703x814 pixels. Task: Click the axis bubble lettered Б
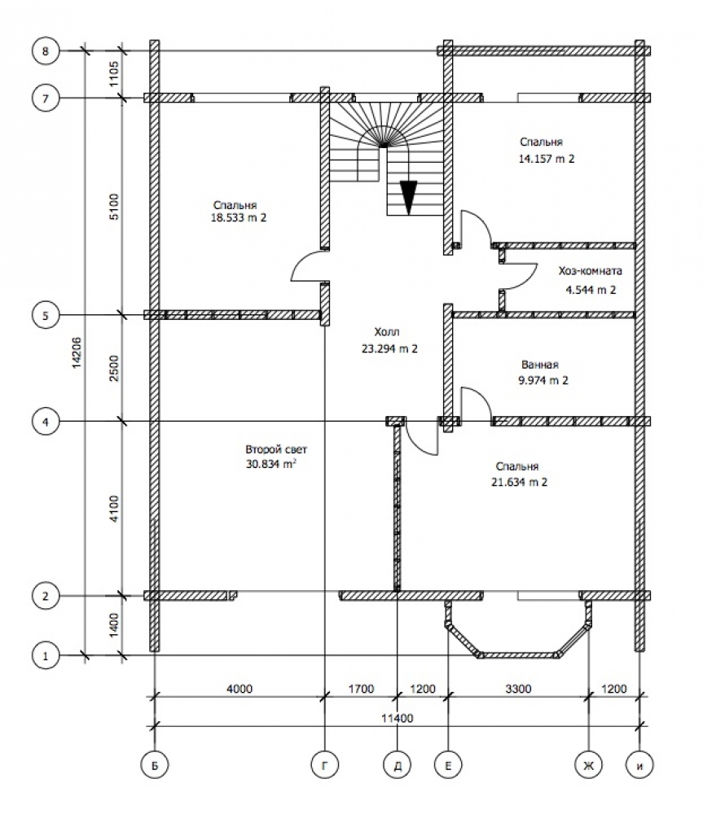(x=153, y=764)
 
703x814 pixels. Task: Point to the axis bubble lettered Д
(x=397, y=764)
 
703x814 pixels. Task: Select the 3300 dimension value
(x=517, y=689)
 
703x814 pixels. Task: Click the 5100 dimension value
(x=114, y=207)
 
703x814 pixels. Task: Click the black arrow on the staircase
(x=408, y=195)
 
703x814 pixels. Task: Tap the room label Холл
(x=388, y=333)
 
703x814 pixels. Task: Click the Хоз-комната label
(x=591, y=272)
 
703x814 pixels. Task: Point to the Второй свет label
(x=277, y=449)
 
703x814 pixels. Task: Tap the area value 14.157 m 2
(x=547, y=159)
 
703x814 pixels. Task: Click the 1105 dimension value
(x=114, y=74)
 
